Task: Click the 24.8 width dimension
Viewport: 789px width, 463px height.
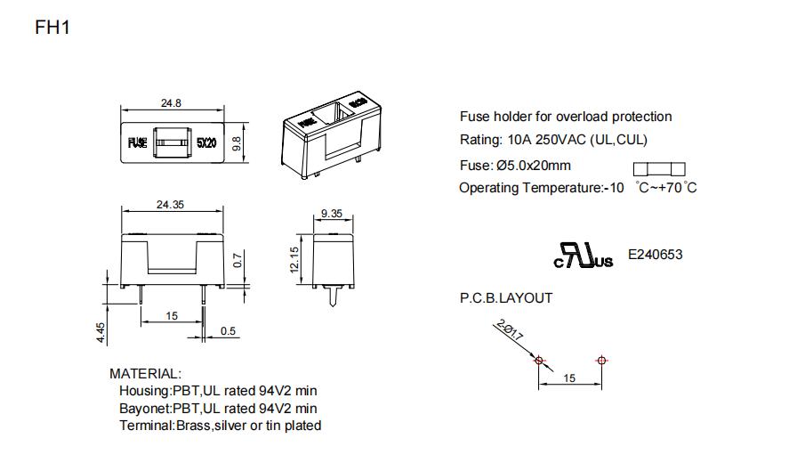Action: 171,103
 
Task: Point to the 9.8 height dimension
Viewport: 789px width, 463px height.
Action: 237,142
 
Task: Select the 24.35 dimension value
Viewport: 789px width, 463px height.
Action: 170,205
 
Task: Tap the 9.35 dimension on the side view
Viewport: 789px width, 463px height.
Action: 331,213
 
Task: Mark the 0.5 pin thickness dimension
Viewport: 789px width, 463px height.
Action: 228,331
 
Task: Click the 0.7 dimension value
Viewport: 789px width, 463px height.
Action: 238,261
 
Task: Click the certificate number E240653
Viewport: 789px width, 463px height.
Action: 656,255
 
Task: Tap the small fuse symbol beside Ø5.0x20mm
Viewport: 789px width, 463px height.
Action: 659,169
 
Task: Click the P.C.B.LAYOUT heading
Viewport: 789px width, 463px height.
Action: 506,297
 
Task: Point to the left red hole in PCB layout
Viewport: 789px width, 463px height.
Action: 538,361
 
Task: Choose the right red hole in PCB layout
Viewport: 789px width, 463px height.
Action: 602,361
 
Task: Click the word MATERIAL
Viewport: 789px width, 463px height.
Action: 145,374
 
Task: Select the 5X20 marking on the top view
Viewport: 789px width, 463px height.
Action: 206,142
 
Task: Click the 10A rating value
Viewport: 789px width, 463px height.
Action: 519,140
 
